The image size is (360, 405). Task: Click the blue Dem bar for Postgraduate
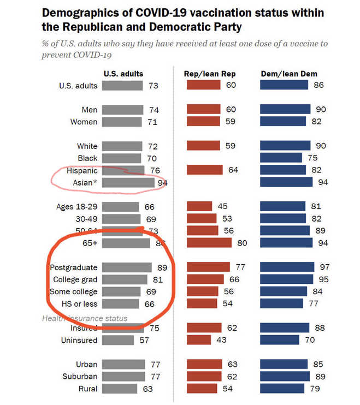pos(287,267)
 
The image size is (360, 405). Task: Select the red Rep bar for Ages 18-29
pos(199,206)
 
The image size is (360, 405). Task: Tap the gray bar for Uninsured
pos(118,340)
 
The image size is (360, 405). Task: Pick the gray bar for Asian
pos(128,182)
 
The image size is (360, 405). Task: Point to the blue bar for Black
pos(280,158)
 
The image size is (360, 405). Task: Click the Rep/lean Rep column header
pos(210,74)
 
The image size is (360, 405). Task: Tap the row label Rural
pos(87,389)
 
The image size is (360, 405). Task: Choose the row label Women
pos(84,122)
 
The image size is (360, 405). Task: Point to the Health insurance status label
pos(85,318)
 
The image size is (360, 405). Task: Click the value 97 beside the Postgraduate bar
pos(325,267)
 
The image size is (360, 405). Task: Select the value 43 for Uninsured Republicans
pos(222,340)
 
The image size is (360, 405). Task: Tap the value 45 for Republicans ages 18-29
pos(222,206)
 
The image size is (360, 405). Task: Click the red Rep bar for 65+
pos(209,243)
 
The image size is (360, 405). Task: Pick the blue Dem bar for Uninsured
pos(279,340)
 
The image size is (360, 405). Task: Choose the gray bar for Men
pos(123,110)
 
